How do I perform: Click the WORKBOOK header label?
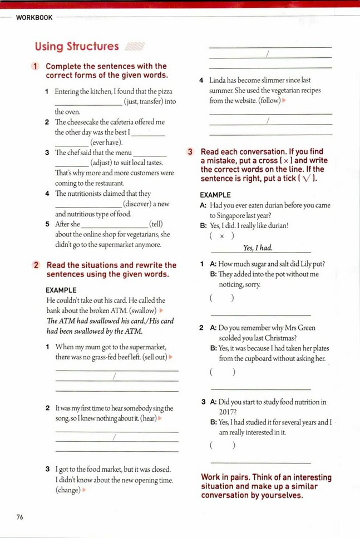34,18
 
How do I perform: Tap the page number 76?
20,517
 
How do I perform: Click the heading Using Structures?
77,47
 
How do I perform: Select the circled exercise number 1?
36,66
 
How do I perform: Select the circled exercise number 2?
36,265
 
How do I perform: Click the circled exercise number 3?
190,151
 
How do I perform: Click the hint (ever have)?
106,142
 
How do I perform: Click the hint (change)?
68,490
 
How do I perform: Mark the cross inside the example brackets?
222,236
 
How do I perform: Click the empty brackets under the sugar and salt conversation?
222,299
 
